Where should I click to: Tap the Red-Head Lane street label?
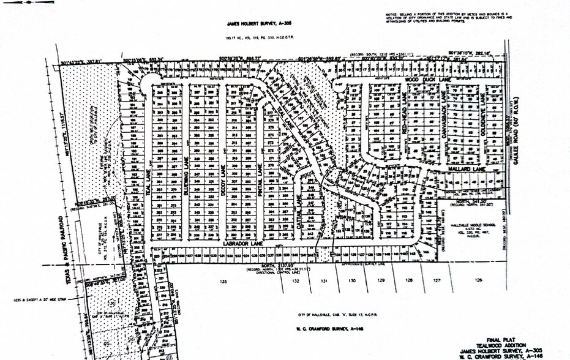(x=405, y=108)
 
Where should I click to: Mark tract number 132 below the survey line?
(x=295, y=281)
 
